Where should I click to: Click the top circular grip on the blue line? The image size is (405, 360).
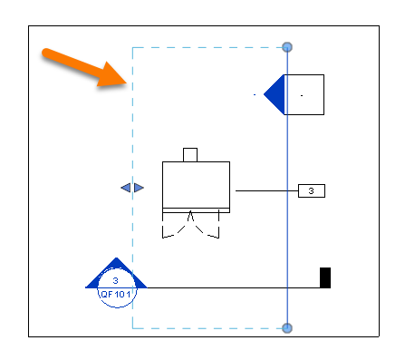(x=287, y=46)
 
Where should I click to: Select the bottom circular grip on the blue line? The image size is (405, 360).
(x=287, y=328)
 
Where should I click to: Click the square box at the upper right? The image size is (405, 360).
(x=305, y=94)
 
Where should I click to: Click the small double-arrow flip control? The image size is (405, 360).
(x=132, y=188)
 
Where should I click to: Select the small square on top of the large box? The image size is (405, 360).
(x=190, y=154)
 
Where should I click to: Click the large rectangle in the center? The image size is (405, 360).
(x=196, y=184)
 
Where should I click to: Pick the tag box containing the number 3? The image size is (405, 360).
(x=311, y=190)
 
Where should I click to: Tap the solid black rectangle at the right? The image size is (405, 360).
(x=325, y=277)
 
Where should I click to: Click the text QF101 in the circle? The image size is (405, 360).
(x=115, y=294)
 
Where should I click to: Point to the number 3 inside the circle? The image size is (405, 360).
(x=115, y=281)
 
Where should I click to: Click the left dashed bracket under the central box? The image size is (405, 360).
(x=169, y=230)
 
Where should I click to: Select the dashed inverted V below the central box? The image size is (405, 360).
(x=190, y=223)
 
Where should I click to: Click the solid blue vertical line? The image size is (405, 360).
(x=287, y=227)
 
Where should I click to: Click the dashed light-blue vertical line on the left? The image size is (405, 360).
(x=133, y=136)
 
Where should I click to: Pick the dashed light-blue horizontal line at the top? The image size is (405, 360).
(x=208, y=47)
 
